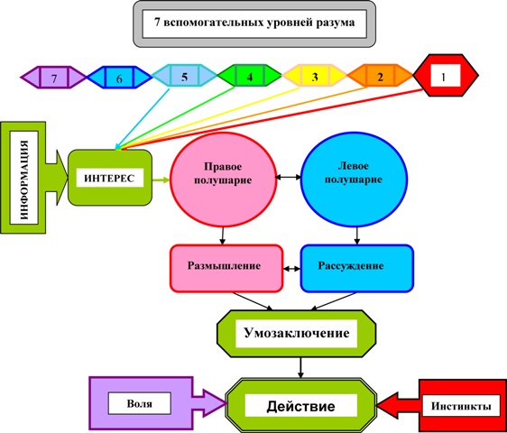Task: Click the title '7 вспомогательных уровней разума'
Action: (x=254, y=23)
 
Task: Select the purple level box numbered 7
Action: (x=53, y=78)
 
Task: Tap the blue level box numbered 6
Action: (x=119, y=78)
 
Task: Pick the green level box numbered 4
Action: (x=250, y=76)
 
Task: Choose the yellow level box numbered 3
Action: (x=315, y=76)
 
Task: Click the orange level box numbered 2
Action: (x=380, y=76)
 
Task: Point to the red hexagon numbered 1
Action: (x=446, y=76)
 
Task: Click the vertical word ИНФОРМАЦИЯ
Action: (x=24, y=180)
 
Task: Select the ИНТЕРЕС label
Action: (x=109, y=179)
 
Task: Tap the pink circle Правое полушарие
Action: (x=223, y=180)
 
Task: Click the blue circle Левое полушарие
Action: (x=354, y=180)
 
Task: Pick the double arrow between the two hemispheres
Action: (x=288, y=177)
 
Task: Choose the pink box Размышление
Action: (x=226, y=269)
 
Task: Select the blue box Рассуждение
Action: (x=357, y=269)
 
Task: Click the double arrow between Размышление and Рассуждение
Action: (x=292, y=269)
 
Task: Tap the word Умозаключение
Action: (x=297, y=333)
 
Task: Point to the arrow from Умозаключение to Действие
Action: (x=301, y=368)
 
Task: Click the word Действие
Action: (x=300, y=406)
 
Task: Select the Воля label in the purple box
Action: (x=139, y=403)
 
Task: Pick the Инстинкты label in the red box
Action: (x=461, y=406)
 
